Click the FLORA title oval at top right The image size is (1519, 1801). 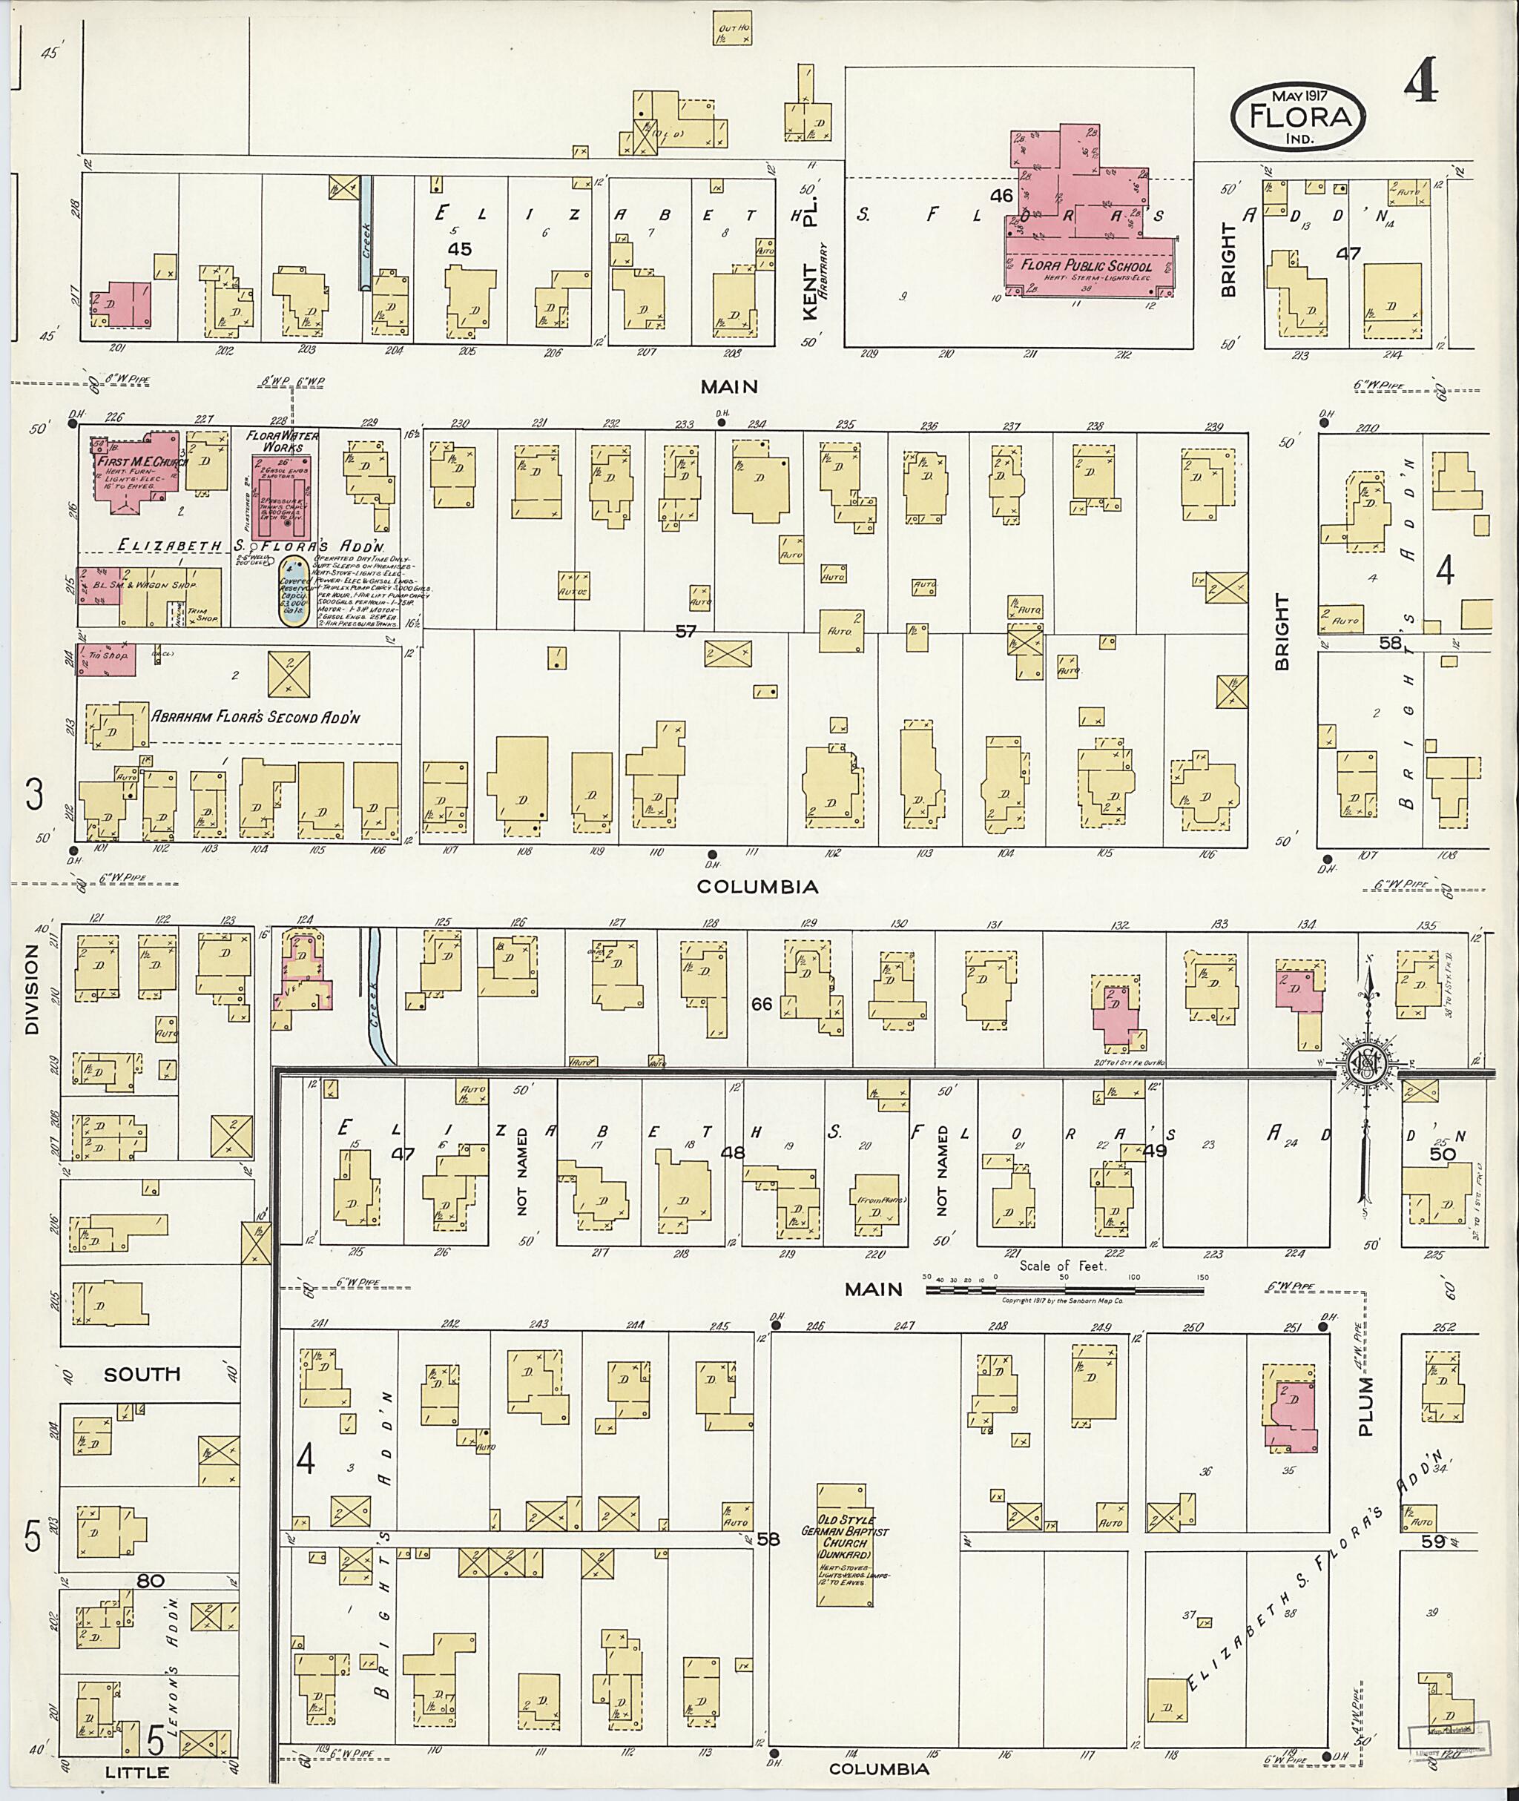(1298, 119)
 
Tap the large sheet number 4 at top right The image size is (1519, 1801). (1420, 84)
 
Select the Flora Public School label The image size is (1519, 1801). (1087, 266)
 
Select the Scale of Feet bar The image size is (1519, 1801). (1064, 1292)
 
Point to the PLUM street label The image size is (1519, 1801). (1365, 1406)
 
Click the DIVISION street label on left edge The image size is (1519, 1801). (33, 989)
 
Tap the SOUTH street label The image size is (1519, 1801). (142, 1374)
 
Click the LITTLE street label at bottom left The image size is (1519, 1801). (138, 1772)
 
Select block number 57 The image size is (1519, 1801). (685, 632)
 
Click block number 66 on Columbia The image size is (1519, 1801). (762, 1003)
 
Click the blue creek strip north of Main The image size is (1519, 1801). (365, 232)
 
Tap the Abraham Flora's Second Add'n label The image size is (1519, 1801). (256, 716)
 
